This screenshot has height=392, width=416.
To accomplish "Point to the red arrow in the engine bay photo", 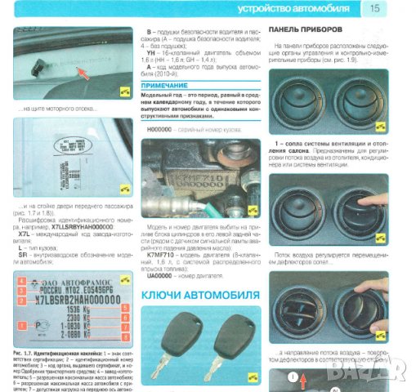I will pos(78,73).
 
